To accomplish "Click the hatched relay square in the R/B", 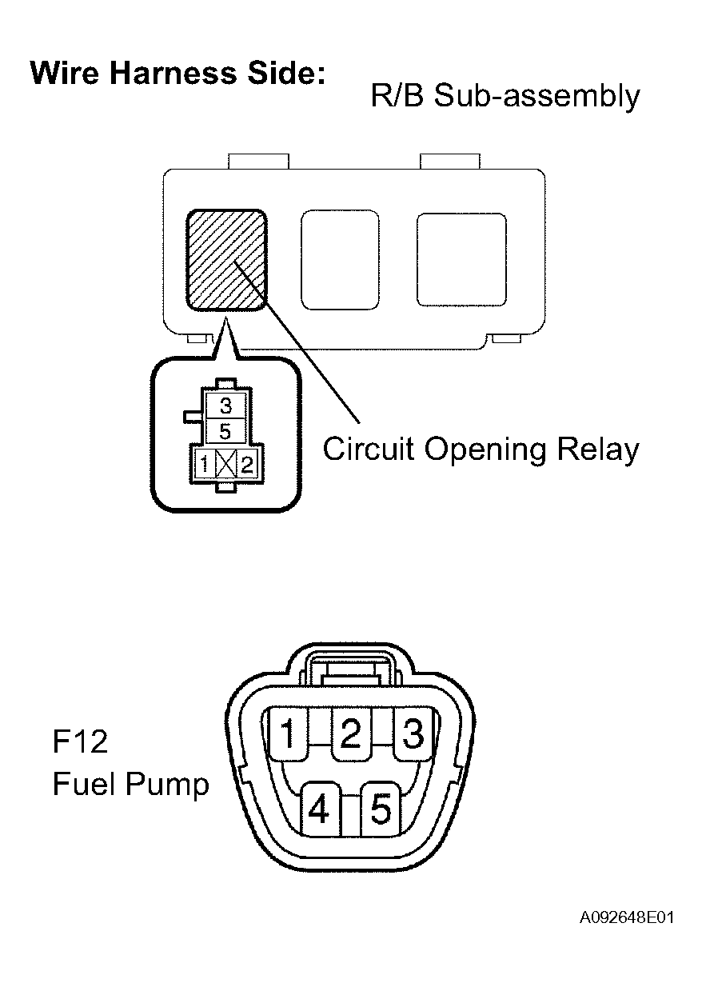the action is click(x=227, y=260).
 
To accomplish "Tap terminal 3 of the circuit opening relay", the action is click(x=225, y=405).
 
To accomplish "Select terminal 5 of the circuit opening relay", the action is click(x=225, y=431).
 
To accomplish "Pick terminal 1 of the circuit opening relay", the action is click(x=204, y=463).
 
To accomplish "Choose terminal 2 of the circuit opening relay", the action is click(x=247, y=463).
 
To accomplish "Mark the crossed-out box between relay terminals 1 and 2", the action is click(x=226, y=463).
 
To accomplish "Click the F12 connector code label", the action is click(x=80, y=741).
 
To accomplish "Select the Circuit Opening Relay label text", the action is click(x=481, y=450).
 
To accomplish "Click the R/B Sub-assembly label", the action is click(x=505, y=97).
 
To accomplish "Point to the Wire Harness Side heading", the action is click(x=178, y=73).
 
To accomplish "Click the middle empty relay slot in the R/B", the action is click(x=340, y=260).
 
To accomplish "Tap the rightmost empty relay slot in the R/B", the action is click(x=461, y=260).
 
